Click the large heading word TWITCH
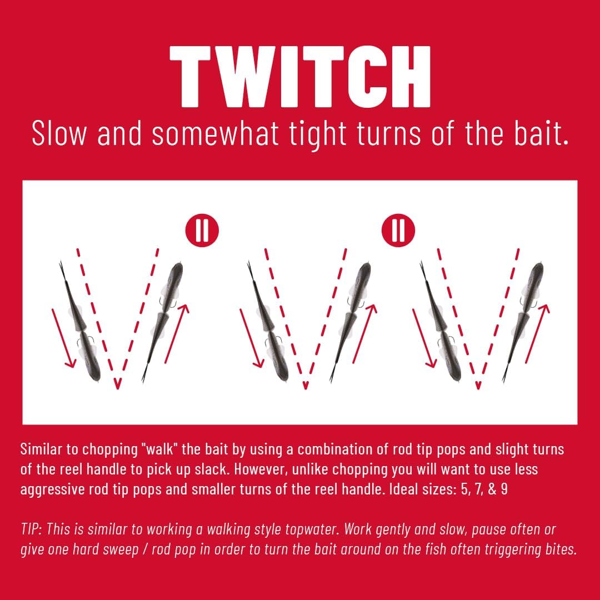[300, 77]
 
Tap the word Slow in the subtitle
[59, 133]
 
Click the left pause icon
[202, 231]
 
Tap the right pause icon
[398, 231]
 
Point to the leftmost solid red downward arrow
[64, 338]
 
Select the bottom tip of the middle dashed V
[306, 387]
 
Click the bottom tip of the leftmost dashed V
[117, 387]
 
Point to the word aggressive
[52, 490]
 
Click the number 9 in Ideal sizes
[504, 489]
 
